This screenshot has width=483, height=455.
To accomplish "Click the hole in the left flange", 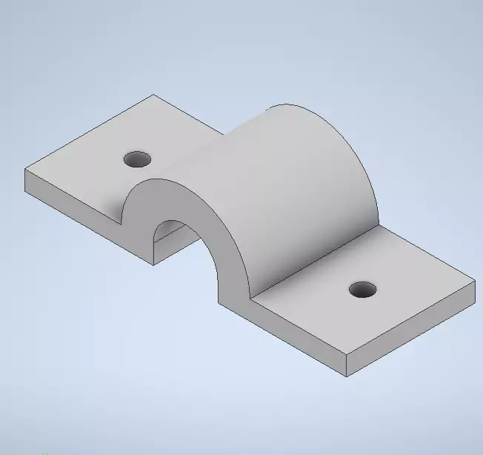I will click(x=137, y=159).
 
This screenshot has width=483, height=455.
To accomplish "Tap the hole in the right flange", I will click(x=362, y=290).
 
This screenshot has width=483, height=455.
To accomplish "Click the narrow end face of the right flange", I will click(x=412, y=333).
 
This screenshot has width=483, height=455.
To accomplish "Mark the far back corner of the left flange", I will click(x=153, y=95).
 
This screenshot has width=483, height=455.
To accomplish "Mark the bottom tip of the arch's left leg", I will click(x=153, y=264).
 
